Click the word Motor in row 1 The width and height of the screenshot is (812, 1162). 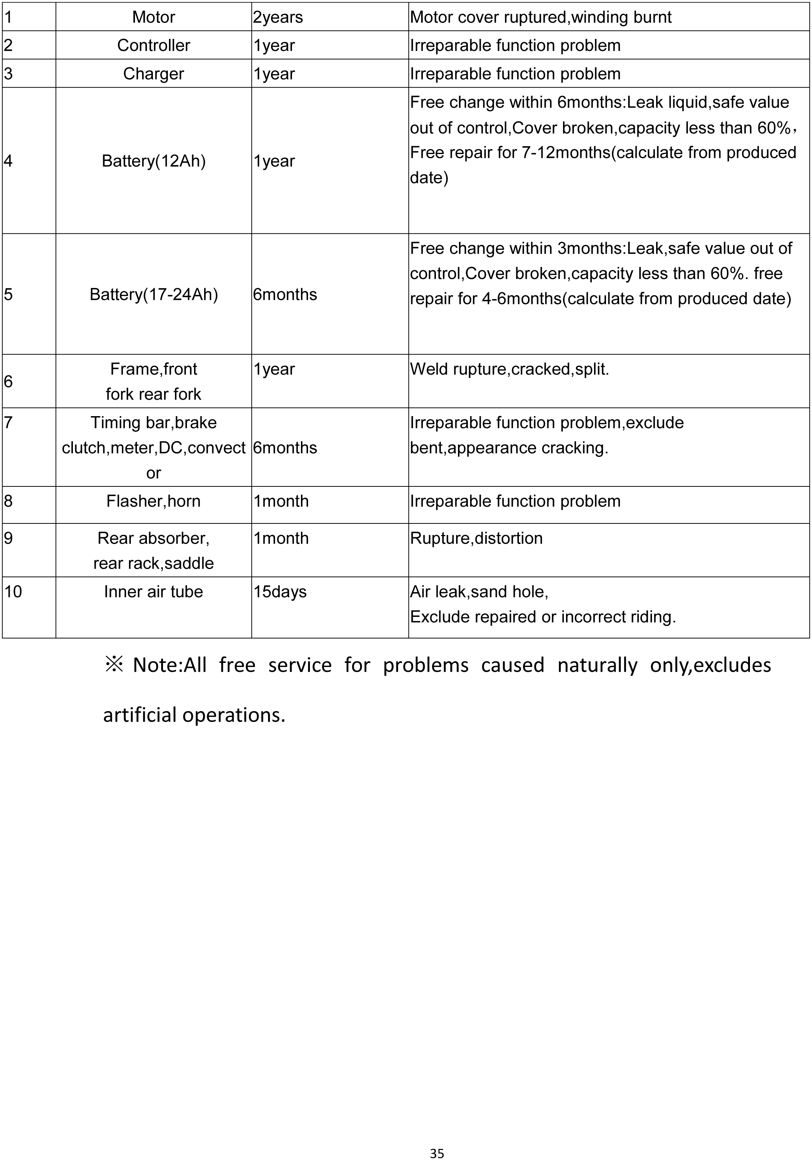(153, 17)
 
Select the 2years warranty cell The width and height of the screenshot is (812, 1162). (278, 17)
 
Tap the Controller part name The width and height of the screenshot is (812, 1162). (153, 46)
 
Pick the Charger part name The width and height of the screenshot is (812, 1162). (153, 74)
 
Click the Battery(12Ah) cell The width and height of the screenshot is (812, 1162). (153, 161)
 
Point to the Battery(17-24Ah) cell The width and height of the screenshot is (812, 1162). (153, 295)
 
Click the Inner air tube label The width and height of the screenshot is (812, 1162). (153, 591)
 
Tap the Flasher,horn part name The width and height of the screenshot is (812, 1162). (153, 501)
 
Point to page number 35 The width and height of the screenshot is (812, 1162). (437, 1153)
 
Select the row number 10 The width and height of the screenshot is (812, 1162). (13, 591)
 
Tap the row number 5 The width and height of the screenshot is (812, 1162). (8, 295)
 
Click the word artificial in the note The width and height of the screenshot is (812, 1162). (140, 714)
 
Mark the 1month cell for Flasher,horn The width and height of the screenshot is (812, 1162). (281, 501)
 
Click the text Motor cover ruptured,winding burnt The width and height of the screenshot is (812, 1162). (540, 17)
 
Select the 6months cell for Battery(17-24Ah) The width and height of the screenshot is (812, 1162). (285, 295)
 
